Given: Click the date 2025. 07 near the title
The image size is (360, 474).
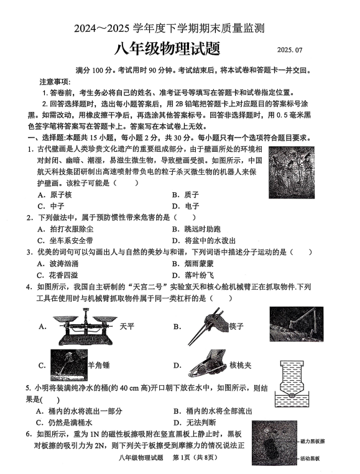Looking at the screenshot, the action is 290,50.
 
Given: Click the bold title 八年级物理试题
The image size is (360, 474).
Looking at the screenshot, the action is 167,49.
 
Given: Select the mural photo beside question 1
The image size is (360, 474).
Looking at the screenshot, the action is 292,172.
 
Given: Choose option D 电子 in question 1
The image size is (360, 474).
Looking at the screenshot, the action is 185,206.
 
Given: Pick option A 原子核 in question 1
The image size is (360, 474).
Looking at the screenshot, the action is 55,195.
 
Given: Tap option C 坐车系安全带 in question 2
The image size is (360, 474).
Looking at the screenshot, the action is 65,241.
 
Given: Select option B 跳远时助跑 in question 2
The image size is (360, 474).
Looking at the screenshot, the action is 196,229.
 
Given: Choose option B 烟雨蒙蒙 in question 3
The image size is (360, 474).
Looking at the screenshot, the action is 193,264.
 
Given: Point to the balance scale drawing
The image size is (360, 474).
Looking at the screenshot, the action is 85,327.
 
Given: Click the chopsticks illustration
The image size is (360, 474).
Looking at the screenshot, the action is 208,326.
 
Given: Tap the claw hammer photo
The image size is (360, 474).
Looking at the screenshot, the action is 69,365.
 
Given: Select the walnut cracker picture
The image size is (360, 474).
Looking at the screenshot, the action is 207,365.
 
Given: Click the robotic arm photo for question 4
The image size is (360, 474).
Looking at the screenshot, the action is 296,323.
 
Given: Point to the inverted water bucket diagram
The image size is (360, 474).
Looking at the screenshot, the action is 292,384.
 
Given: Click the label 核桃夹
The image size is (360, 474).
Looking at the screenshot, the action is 241,365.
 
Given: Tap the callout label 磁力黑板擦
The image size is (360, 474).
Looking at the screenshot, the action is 313,442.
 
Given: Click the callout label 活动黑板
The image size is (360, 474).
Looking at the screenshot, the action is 310,458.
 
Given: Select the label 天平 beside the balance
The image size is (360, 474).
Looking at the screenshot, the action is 127,327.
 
